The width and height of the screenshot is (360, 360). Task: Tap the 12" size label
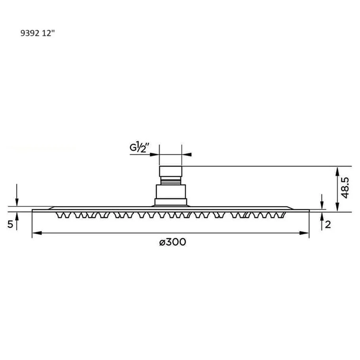48,33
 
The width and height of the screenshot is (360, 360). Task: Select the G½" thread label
139,148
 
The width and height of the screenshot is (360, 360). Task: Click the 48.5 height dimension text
345,188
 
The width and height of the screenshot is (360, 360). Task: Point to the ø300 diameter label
172,242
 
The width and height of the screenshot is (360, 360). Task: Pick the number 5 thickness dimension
10,224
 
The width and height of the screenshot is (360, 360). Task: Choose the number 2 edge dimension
328,225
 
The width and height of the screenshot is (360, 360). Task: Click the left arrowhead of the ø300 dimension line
37,233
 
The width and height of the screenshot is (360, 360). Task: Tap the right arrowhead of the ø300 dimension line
304,233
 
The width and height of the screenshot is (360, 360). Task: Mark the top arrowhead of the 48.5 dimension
337,172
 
